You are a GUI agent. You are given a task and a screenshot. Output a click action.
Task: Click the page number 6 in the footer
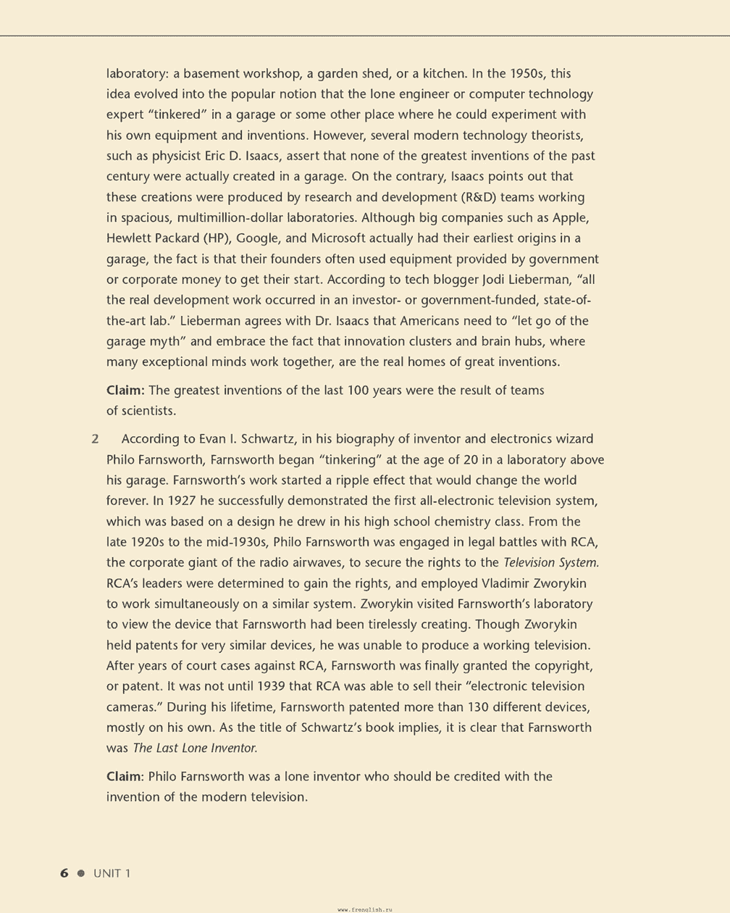point(64,873)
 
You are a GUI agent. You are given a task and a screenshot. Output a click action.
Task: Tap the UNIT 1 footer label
point(112,873)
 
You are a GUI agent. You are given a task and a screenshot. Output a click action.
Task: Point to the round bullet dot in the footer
point(81,873)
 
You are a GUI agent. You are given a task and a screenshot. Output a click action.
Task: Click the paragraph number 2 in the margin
point(95,438)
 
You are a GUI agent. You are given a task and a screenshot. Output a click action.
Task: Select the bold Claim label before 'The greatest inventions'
point(125,390)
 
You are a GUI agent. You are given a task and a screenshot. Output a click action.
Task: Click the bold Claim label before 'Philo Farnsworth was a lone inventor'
point(125,776)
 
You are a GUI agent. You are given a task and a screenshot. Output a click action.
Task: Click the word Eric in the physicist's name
point(217,156)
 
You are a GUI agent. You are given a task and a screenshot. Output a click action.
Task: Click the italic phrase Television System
point(551,562)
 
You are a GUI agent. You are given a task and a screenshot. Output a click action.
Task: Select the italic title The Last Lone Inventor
point(195,748)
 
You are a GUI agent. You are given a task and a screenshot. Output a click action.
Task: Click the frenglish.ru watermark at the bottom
point(365,909)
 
